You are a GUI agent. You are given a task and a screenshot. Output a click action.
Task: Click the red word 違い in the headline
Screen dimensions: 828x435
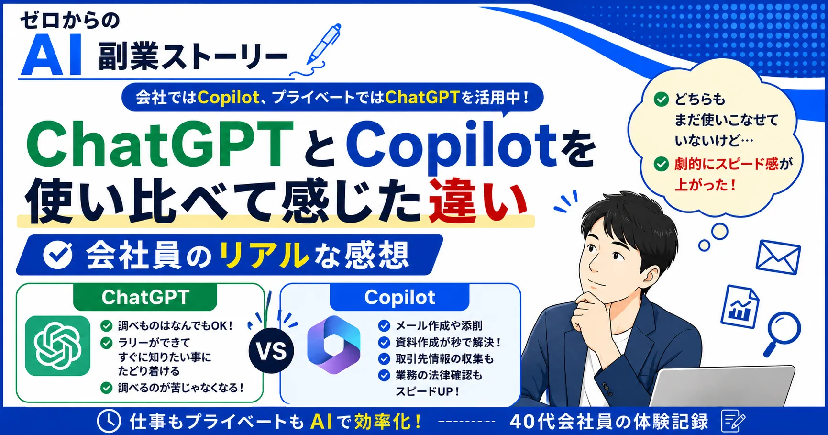pos(478,201)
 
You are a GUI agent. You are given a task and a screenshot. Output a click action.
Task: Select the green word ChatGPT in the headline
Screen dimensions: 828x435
pos(160,144)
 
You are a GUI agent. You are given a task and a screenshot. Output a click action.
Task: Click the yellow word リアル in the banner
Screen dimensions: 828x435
pos(265,255)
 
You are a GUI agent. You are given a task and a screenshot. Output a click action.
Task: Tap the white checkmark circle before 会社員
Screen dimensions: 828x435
pos(58,255)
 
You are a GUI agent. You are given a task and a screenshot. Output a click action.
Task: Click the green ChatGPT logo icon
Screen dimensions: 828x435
pos(57,346)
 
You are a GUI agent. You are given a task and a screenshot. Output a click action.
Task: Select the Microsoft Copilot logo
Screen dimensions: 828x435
pos(333,345)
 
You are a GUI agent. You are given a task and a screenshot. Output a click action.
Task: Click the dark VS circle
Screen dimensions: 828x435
pos(272,351)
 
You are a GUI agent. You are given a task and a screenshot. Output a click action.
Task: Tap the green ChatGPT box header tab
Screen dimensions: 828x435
pos(145,297)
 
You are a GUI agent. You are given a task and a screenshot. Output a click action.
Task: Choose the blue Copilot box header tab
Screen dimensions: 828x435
pos(399,297)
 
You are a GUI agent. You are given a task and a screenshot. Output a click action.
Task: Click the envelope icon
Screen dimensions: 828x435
pos(778,257)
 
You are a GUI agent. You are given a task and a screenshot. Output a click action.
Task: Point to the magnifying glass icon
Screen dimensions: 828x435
pos(781,333)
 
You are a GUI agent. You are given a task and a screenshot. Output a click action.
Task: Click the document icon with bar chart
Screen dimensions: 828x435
pos(740,306)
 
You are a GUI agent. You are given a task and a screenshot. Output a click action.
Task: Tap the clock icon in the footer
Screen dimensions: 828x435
pos(109,422)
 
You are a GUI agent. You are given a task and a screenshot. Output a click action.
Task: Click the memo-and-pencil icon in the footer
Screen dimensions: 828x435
pos(732,421)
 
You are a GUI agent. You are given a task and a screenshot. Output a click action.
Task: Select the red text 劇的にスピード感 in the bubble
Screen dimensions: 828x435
pos(727,164)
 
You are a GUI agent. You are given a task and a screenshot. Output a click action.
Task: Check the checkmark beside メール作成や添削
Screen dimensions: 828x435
pos(384,326)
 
